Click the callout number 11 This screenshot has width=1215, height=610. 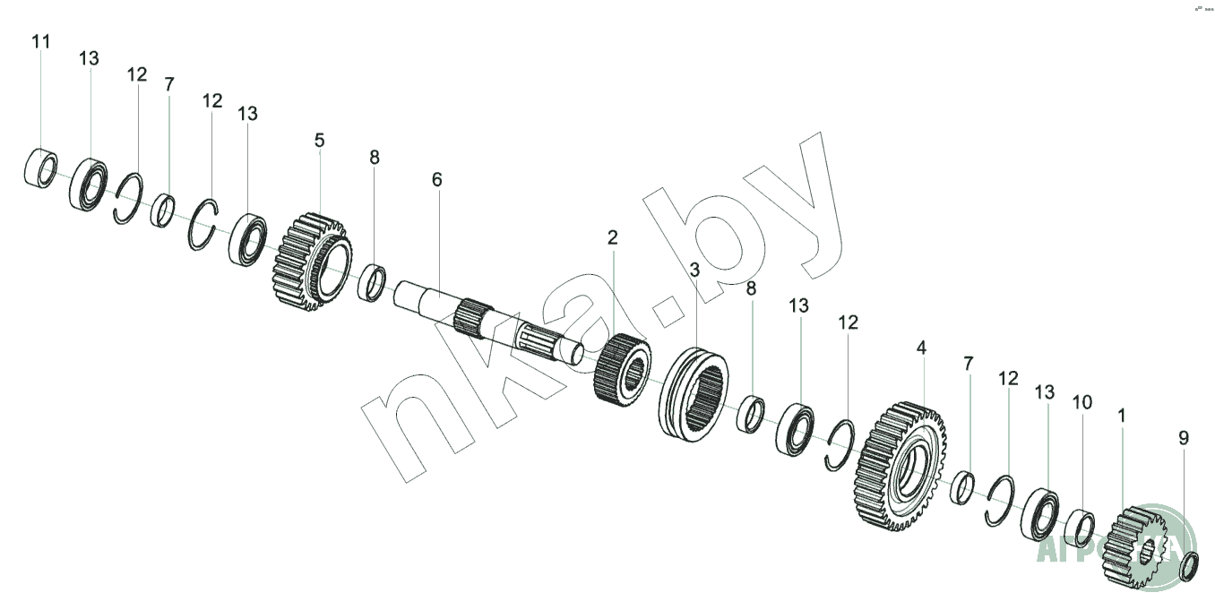[41, 42]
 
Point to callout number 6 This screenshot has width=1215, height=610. [436, 179]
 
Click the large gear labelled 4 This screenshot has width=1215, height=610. [900, 466]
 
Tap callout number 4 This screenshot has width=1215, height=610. [921, 346]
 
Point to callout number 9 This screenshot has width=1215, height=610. [1184, 438]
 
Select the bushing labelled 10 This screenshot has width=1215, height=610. [1080, 528]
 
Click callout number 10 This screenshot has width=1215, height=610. [1082, 402]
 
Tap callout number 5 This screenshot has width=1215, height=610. [319, 141]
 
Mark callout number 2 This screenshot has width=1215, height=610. [612, 237]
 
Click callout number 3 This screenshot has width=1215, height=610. [694, 269]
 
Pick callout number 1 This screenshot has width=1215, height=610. [1122, 416]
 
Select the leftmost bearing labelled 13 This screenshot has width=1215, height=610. [90, 184]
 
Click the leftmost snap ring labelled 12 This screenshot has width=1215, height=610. [128, 200]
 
